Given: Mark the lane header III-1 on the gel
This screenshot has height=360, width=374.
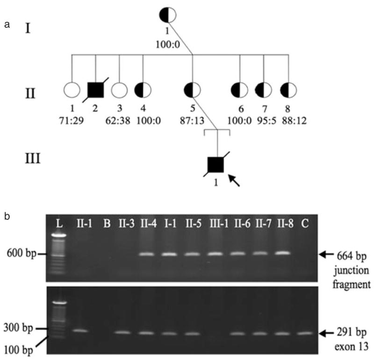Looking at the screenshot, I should pyautogui.click(x=216, y=222).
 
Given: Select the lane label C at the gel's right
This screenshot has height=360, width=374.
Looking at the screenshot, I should pyautogui.click(x=304, y=222).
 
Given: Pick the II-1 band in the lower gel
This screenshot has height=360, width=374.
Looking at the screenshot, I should pyautogui.click(x=80, y=331).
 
